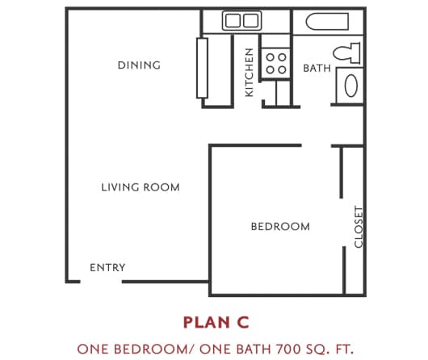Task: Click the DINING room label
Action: (x=139, y=65)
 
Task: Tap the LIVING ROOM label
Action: (x=141, y=187)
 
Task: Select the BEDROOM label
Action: (x=280, y=227)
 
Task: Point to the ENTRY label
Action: (x=107, y=267)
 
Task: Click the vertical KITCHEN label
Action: (x=250, y=73)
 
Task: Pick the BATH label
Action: (x=317, y=69)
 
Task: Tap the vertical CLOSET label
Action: (x=359, y=227)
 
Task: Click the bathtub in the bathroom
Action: (x=327, y=22)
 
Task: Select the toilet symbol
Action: (x=346, y=53)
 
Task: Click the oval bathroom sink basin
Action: (x=351, y=86)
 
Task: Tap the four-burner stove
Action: (x=275, y=63)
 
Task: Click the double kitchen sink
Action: (x=241, y=20)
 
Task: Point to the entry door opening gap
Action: (x=101, y=282)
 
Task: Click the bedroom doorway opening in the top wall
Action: (x=317, y=146)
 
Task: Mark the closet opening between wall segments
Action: (x=342, y=223)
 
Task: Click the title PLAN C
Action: (x=216, y=323)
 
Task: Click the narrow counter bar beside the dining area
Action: (x=202, y=68)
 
